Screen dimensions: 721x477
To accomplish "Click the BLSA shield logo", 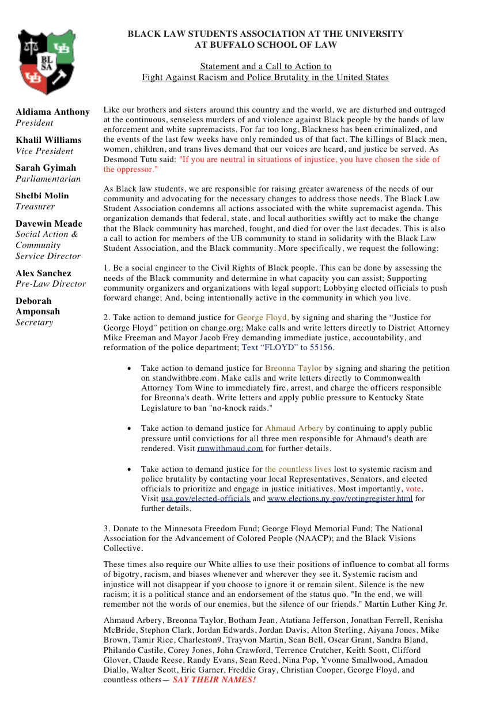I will pos(46,61).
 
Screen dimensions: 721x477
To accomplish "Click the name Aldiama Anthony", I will pos(52,112).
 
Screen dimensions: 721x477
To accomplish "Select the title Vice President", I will pos(44,151).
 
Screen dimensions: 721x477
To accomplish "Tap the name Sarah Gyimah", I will pos(46,168).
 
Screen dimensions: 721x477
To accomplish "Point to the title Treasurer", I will pos(35,206).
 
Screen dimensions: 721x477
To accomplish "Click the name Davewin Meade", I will pos(49,224).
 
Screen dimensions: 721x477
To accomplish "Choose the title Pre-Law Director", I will pos(51,284).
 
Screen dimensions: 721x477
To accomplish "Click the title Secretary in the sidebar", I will pos(34,322).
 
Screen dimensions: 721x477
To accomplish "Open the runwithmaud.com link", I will pos(230,449).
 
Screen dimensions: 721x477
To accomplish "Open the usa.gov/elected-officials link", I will pos(205,499).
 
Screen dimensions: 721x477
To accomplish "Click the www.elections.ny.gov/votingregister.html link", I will pos(340,499).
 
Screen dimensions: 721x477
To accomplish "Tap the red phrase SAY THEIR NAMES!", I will pos(214,680).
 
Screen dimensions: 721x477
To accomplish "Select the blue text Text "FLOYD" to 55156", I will pos(287,348).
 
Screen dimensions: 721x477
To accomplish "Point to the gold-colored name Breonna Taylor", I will pos(293,368).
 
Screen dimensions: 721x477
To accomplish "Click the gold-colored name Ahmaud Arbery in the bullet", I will pos(294,429).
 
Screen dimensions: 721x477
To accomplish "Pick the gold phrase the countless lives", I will pos(298,470).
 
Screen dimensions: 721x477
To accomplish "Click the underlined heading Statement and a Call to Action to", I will pos(266,66).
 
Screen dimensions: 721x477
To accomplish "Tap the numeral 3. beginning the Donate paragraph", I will pos(107,528).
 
